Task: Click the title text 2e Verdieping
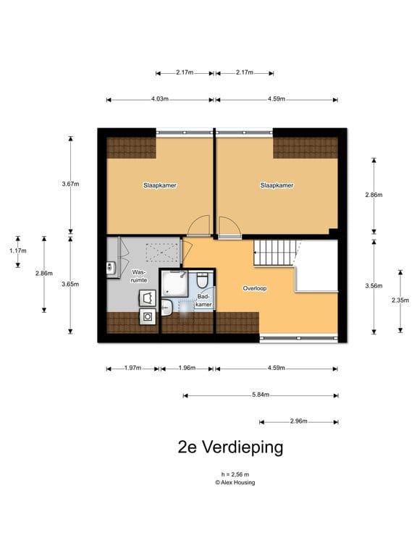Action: point(230,447)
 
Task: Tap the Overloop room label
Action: point(254,288)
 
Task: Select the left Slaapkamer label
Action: point(160,185)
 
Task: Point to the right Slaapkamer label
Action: point(277,185)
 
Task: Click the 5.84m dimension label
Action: point(261,395)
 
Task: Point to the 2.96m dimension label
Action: point(298,421)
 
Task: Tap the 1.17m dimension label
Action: point(17,251)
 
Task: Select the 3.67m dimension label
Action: point(70,184)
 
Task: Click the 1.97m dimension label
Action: point(132,368)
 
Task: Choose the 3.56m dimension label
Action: point(374,285)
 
